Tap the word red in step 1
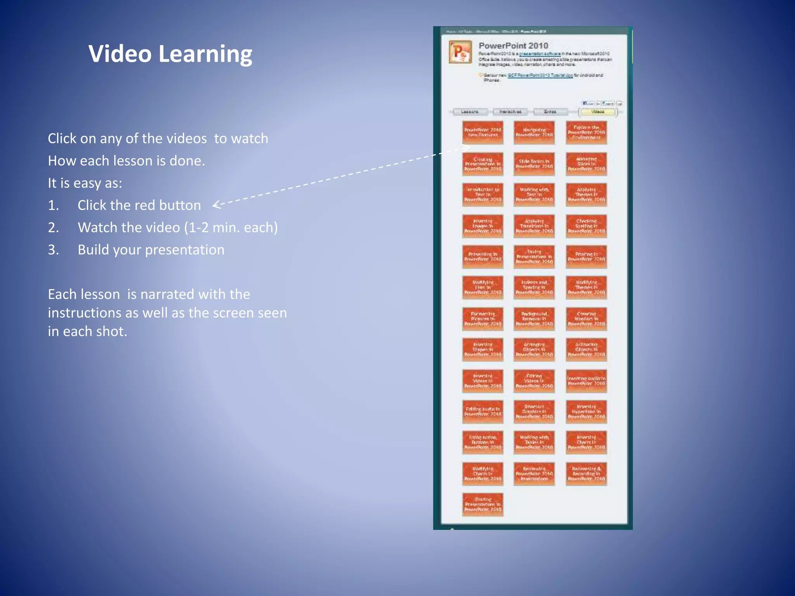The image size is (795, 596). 134,205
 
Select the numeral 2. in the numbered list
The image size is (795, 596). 54,227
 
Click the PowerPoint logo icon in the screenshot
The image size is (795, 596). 460,52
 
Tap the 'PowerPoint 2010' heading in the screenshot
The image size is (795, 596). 513,46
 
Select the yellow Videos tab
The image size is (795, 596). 597,112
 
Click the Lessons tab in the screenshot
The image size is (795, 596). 470,112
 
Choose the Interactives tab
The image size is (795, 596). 510,112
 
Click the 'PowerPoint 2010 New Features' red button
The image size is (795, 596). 483,133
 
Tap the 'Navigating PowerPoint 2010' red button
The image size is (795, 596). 534,133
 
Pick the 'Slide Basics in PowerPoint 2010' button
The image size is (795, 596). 534,164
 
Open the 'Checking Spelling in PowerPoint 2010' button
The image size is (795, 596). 586,226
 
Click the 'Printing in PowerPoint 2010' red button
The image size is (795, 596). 586,257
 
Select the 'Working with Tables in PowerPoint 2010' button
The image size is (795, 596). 534,442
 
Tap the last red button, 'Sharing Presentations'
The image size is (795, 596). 483,504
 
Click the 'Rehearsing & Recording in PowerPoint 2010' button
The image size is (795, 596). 586,474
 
